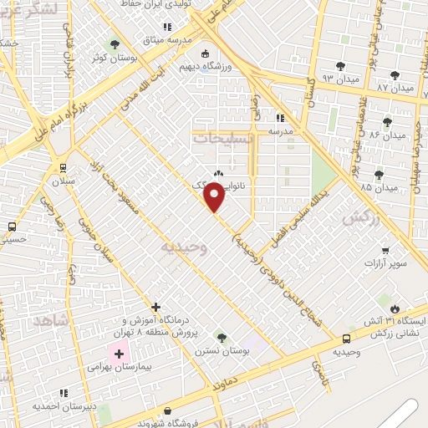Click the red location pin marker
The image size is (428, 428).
[x=216, y=197]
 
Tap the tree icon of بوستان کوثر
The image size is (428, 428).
[x=115, y=43]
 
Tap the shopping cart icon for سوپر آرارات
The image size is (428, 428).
[x=385, y=250]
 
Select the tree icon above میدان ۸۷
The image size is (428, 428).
[x=395, y=75]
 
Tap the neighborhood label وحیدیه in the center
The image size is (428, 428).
[x=183, y=248]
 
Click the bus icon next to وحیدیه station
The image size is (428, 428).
[x=346, y=339]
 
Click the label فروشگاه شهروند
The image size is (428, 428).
[x=168, y=422]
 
